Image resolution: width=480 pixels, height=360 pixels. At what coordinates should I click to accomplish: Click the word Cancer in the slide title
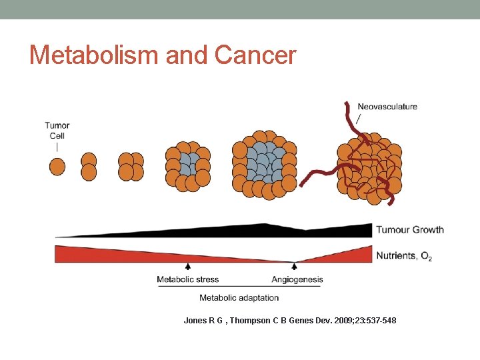255,55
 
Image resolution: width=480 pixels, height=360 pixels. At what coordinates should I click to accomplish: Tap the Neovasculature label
387,107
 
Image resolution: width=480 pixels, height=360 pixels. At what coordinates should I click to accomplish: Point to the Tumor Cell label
57,130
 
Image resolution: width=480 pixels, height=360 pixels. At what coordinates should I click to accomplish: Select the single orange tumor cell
57,167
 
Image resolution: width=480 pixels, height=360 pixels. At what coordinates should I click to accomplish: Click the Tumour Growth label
410,230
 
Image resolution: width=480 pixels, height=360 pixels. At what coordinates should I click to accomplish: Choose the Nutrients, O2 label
404,255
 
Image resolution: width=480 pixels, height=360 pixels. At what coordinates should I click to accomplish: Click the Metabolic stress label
188,279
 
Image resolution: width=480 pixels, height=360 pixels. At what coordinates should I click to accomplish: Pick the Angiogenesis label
297,279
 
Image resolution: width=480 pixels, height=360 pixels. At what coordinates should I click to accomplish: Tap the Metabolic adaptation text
239,297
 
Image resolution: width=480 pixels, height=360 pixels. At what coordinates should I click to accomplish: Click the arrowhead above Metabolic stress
187,266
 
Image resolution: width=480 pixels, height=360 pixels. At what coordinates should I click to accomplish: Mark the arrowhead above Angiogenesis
294,266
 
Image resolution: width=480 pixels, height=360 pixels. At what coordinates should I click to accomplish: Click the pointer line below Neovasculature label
360,119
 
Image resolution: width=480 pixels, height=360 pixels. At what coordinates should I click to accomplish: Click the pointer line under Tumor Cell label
57,147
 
